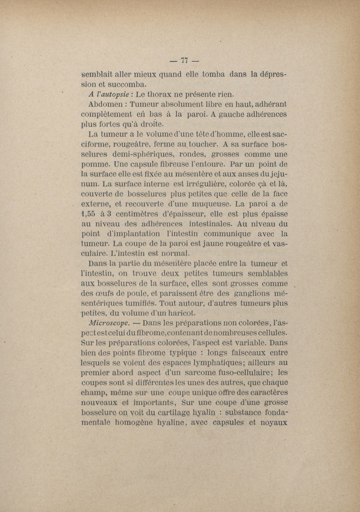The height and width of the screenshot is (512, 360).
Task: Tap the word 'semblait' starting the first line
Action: (97, 75)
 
